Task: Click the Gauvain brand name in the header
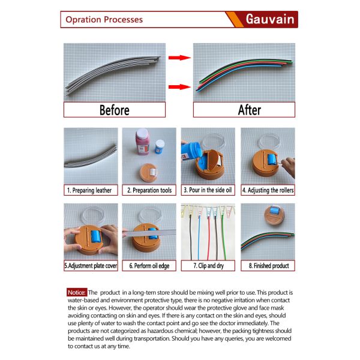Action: pyautogui.click(x=270, y=19)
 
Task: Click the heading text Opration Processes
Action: pyautogui.click(x=104, y=20)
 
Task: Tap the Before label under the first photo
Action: pyautogui.click(x=115, y=110)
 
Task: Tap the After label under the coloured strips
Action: pyautogui.click(x=250, y=110)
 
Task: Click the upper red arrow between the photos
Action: pyautogui.click(x=179, y=58)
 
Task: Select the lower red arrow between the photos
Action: pyautogui.click(x=179, y=87)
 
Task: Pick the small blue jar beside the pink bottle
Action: pyautogui.click(x=160, y=147)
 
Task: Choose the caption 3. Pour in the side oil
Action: pyautogui.click(x=208, y=190)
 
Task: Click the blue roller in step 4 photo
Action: pyautogui.click(x=272, y=160)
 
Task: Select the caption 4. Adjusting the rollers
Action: pyautogui.click(x=268, y=190)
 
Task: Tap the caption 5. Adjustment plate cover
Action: pyautogui.click(x=91, y=266)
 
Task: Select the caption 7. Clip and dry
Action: pyautogui.click(x=208, y=266)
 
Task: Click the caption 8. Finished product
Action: pyautogui.click(x=269, y=266)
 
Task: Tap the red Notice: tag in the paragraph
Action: pyautogui.click(x=77, y=293)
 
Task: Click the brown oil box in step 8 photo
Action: pyautogui.click(x=274, y=215)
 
